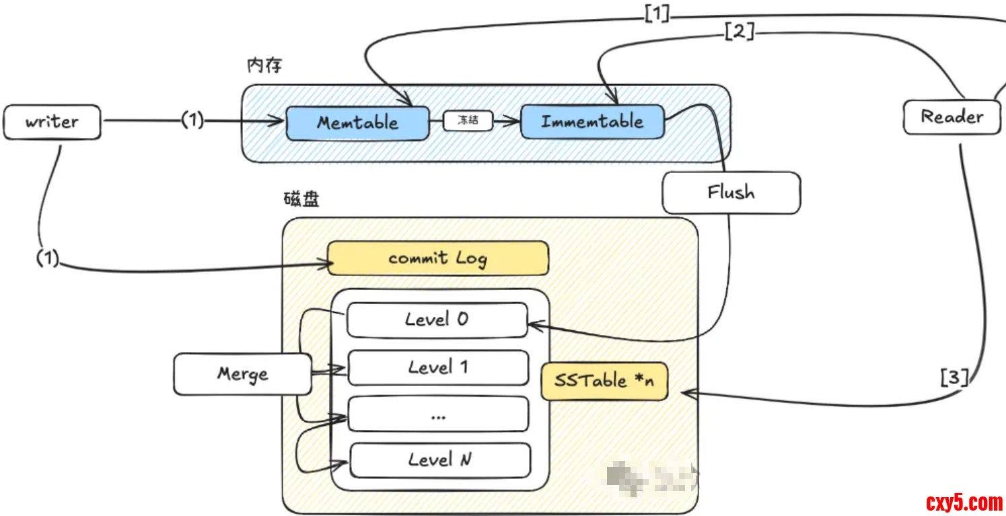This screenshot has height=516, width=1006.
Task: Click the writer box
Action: click(x=52, y=122)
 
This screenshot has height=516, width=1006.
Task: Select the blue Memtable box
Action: click(x=357, y=122)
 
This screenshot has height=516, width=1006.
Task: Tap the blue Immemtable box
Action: click(x=592, y=122)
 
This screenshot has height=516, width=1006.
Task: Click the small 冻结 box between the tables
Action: click(x=468, y=121)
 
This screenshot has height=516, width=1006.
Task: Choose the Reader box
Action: click(x=951, y=117)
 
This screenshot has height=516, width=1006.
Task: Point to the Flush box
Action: click(x=731, y=193)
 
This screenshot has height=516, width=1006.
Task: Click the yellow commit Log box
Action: click(x=438, y=258)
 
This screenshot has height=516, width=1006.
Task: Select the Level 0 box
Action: click(x=437, y=320)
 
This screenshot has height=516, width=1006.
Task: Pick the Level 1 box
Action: click(x=438, y=367)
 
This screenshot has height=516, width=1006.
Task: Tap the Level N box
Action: click(x=440, y=460)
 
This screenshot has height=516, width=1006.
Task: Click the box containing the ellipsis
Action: click(x=438, y=414)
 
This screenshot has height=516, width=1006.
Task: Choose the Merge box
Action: click(x=242, y=374)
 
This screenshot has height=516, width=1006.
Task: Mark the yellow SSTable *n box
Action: click(x=604, y=381)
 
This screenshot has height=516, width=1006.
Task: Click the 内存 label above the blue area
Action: click(x=264, y=65)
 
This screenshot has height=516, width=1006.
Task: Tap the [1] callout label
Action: click(x=657, y=13)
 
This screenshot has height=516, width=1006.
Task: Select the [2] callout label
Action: click(x=740, y=31)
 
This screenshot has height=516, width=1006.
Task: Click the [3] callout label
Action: click(x=954, y=378)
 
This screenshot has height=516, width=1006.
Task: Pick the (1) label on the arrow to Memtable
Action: click(x=192, y=121)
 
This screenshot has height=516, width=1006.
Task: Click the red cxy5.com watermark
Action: click(x=964, y=502)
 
